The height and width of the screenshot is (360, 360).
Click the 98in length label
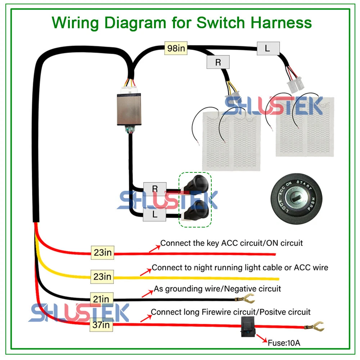[176, 48]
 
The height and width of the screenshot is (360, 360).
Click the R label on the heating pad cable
[218, 62]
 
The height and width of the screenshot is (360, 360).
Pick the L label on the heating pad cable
[267, 48]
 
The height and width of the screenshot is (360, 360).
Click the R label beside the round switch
[155, 188]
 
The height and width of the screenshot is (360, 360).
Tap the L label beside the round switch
[155, 215]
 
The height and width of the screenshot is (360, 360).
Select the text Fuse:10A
[284, 342]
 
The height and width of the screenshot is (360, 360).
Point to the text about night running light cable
[240, 267]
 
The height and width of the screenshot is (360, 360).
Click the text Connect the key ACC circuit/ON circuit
[231, 243]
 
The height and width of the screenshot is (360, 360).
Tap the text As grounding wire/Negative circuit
[217, 288]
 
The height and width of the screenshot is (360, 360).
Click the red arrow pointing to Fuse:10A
[260, 339]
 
